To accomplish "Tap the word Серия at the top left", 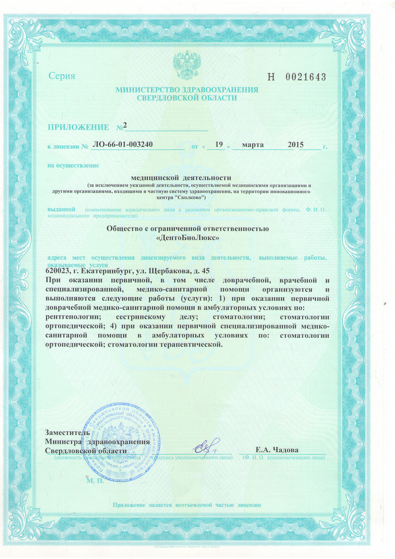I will tap(62, 76).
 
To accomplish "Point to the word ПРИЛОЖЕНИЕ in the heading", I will tap(78, 127).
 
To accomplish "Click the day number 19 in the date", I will tap(219, 145).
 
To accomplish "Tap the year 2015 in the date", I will tap(295, 145).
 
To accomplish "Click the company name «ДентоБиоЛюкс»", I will tap(188, 238).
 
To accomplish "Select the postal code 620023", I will tap(58, 271).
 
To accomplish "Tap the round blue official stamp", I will tap(121, 441).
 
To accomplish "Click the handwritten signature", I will tap(205, 448).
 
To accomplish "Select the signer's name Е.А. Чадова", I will tap(277, 450).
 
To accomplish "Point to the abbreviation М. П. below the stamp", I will tap(95, 481).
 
